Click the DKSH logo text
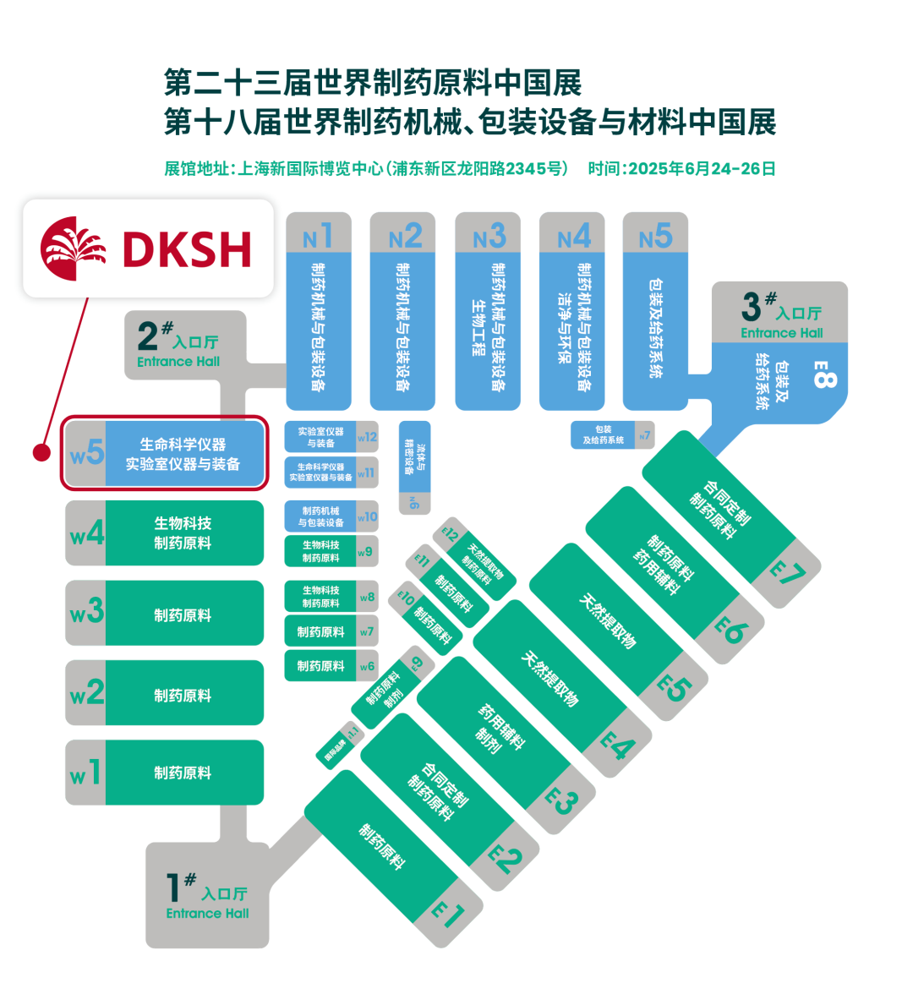[x=187, y=249]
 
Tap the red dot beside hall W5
[x=41, y=453]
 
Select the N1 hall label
[x=318, y=236]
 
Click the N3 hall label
[x=488, y=236]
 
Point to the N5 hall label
[x=655, y=236]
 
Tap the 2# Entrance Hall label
[x=178, y=344]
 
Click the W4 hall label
[x=86, y=533]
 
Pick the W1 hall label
[x=85, y=773]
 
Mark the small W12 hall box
[x=331, y=437]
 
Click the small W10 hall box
[x=331, y=516]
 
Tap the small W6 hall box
[x=331, y=666]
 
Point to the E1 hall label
[x=448, y=915]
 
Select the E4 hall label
[x=617, y=746]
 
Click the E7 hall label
[x=787, y=574]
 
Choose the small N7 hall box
[x=612, y=435]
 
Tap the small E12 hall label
[x=450, y=535]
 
